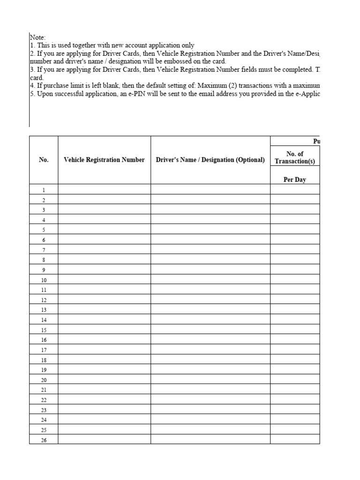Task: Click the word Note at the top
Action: (x=37, y=37)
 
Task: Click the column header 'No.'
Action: (x=44, y=160)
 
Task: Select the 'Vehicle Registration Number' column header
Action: (x=104, y=160)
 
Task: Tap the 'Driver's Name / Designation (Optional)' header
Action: (x=210, y=160)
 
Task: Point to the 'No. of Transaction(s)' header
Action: (x=294, y=157)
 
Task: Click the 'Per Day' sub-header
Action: (x=294, y=180)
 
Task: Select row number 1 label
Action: (x=44, y=190)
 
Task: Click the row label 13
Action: (x=44, y=310)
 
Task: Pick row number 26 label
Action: (x=44, y=440)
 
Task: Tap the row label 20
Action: (x=44, y=380)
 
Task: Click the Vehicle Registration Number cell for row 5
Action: (x=104, y=230)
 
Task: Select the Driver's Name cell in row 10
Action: (x=210, y=280)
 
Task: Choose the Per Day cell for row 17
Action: (x=294, y=350)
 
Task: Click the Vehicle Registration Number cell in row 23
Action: (x=104, y=410)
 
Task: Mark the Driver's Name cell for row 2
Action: (x=210, y=200)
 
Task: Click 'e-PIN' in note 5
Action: (x=144, y=93)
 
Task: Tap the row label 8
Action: (x=44, y=260)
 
